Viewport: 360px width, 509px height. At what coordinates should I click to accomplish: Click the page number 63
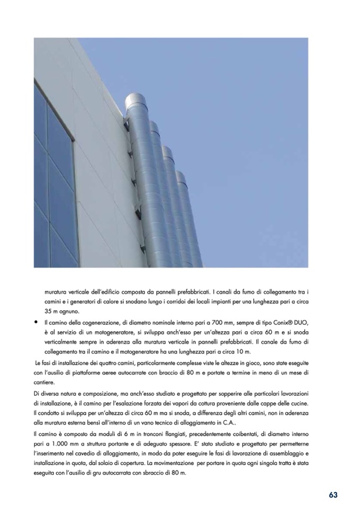(333, 495)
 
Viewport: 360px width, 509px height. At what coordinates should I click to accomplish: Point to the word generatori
(79, 301)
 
